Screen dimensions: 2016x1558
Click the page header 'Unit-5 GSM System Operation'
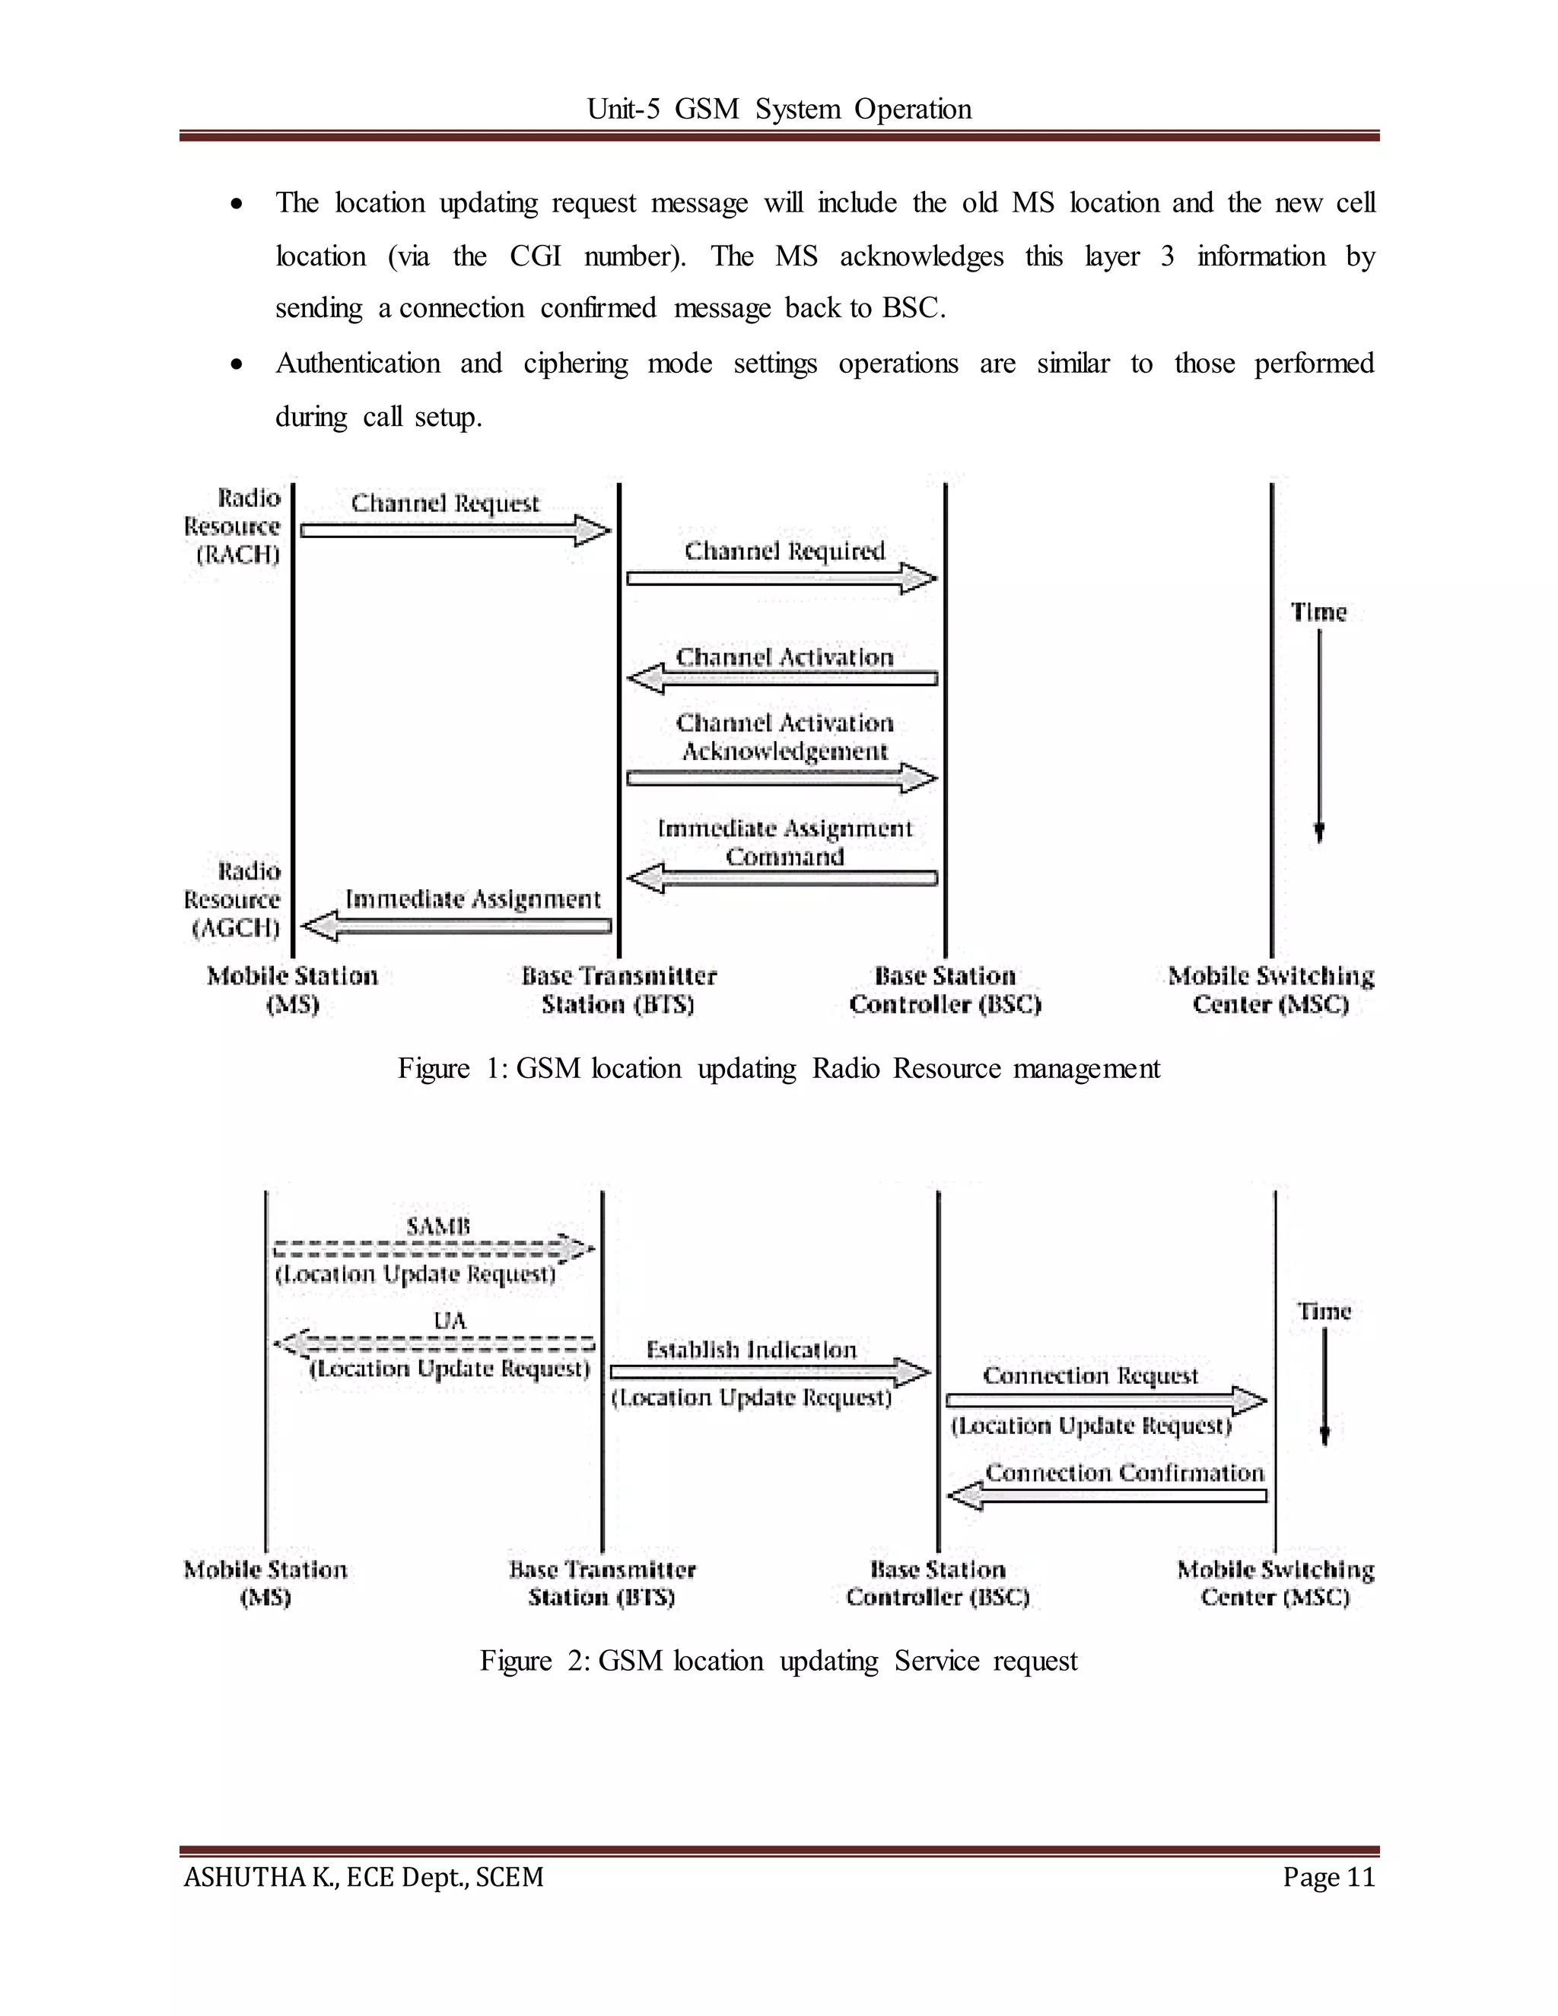click(779, 109)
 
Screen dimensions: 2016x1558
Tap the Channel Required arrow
click(781, 579)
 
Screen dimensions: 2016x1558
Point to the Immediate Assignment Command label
click(784, 842)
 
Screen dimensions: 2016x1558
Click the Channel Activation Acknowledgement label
click(784, 736)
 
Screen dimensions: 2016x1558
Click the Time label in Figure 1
click(1318, 612)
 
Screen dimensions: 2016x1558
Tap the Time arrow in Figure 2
click(1324, 1385)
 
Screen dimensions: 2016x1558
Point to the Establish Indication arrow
click(770, 1372)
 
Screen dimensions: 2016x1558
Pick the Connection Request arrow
click(1105, 1401)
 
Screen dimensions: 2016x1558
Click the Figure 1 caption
click(778, 1068)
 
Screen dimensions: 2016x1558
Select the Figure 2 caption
click(778, 1661)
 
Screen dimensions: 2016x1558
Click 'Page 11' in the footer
click(1328, 1878)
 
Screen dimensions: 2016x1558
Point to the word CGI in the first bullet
click(536, 256)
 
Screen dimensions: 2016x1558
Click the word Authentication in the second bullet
click(358, 363)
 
